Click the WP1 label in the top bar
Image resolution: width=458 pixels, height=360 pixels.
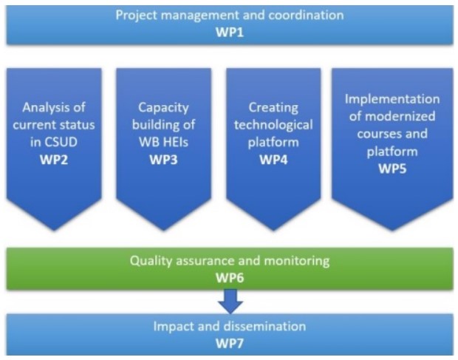[x=230, y=32]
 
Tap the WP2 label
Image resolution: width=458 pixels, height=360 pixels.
[x=54, y=160]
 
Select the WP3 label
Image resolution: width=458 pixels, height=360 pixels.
[x=163, y=160]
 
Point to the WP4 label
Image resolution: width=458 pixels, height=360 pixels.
[x=273, y=160]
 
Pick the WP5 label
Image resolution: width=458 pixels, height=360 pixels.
[x=392, y=169]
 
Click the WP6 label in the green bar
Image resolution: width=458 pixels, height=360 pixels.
[x=230, y=278]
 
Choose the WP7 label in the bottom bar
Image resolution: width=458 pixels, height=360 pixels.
[x=230, y=343]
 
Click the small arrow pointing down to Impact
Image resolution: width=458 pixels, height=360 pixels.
[x=230, y=301]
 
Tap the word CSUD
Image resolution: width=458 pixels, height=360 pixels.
[x=61, y=142]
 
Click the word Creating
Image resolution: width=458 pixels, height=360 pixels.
[x=273, y=108]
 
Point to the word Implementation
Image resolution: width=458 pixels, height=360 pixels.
[x=392, y=99]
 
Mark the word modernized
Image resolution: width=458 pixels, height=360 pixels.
[x=400, y=116]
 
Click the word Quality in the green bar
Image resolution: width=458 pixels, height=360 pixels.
[x=151, y=261]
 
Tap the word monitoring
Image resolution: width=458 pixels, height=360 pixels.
[x=297, y=261]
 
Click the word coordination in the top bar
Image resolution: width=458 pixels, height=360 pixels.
[x=306, y=15]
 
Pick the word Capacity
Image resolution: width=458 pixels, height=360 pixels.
[x=163, y=108]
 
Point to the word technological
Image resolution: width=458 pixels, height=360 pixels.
[x=273, y=126]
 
